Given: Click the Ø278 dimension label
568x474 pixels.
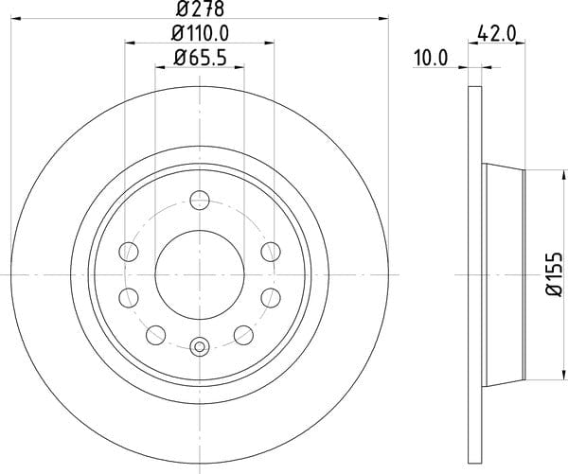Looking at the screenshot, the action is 200,9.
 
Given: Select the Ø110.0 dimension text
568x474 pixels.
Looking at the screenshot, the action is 200,34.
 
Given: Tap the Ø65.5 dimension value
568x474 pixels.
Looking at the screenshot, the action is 200,58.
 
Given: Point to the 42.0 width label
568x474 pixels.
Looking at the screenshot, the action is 496,34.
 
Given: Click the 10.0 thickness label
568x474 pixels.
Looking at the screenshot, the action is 431,58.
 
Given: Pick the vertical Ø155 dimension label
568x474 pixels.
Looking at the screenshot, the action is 555,274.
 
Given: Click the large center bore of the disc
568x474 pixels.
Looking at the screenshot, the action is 200,274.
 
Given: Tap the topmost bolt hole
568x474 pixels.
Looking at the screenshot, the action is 200,200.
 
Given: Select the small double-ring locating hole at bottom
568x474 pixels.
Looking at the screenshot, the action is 200,346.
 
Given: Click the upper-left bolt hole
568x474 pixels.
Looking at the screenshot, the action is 129,252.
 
